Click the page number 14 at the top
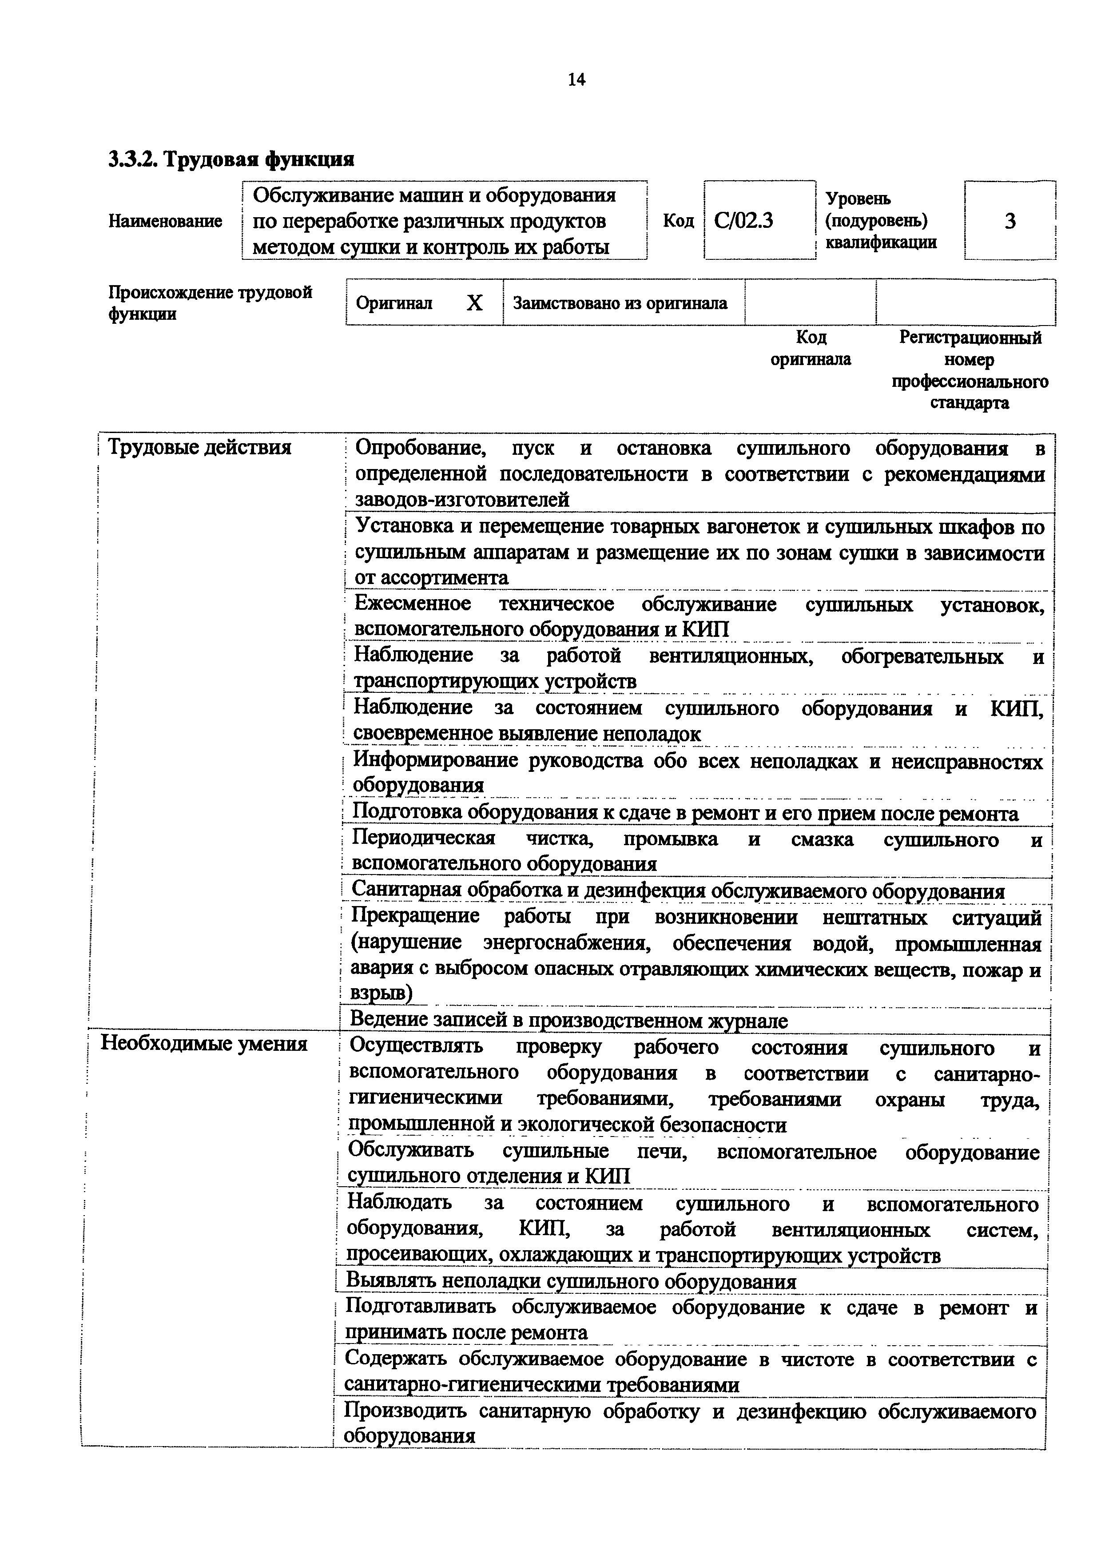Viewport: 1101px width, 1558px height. [576, 80]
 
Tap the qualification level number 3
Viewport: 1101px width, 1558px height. [1010, 221]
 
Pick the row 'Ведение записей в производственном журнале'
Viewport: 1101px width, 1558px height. [568, 1020]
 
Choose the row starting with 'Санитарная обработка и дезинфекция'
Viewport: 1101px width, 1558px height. [677, 890]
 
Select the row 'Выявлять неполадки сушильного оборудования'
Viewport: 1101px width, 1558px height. [571, 1281]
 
